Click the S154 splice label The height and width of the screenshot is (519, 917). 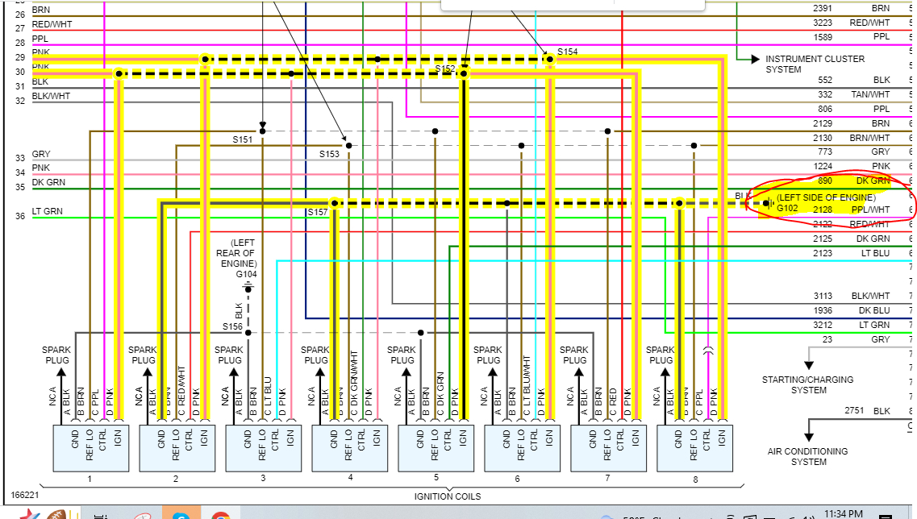[x=568, y=52]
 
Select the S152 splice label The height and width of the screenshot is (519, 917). [x=445, y=69]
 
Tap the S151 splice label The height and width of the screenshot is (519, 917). [x=243, y=139]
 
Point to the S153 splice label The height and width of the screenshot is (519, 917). [x=329, y=154]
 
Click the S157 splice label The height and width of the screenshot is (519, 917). [x=317, y=212]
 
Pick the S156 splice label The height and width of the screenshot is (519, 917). [x=232, y=327]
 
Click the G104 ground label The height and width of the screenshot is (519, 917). [x=246, y=274]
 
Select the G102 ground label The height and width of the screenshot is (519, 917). [x=787, y=208]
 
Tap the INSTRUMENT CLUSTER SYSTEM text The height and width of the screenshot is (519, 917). [x=815, y=64]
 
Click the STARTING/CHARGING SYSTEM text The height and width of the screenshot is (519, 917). [x=807, y=384]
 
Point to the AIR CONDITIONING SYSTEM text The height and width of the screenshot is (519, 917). [x=807, y=457]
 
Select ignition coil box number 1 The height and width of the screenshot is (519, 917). [x=90, y=447]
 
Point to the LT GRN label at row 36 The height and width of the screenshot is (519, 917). [x=48, y=212]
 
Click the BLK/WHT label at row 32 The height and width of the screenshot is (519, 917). [x=51, y=97]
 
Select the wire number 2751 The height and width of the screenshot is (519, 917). [x=854, y=411]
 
